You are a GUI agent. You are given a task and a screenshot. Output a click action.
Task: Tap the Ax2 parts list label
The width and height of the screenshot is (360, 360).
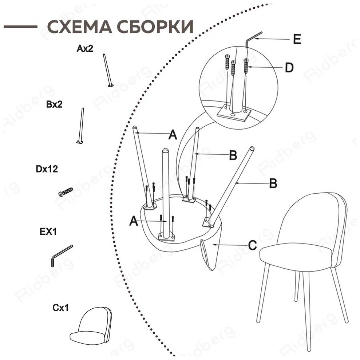tap(84, 48)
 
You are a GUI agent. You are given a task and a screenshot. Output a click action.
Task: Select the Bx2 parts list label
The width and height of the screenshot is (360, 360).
tap(54, 104)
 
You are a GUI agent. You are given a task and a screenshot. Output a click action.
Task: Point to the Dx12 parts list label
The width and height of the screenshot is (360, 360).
tap(47, 169)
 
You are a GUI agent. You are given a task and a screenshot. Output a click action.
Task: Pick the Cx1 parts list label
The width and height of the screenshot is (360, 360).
tap(60, 308)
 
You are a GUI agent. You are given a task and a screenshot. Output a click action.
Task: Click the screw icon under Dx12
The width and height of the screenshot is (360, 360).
tap(66, 192)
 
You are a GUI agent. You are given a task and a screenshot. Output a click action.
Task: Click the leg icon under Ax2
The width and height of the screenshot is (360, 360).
tap(108, 71)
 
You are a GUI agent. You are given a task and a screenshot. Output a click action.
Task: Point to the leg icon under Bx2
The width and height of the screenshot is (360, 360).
tap(80, 126)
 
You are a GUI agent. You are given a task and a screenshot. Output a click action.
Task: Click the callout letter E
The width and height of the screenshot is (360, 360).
tap(297, 40)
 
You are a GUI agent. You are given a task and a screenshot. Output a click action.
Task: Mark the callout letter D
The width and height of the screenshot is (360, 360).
tap(289, 68)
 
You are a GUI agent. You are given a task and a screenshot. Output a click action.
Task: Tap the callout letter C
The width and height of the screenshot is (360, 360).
tap(252, 245)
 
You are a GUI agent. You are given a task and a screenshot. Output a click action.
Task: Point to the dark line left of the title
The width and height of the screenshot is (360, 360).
tap(20, 27)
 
